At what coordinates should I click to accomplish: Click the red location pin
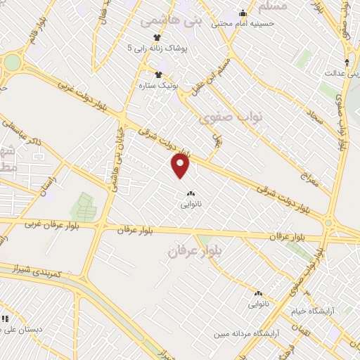[181, 167]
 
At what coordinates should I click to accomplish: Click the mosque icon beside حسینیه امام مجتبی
[243, 12]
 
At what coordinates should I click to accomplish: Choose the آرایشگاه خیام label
[314, 310]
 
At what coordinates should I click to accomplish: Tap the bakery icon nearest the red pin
[190, 193]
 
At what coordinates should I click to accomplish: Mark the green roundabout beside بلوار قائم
[12, 62]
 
